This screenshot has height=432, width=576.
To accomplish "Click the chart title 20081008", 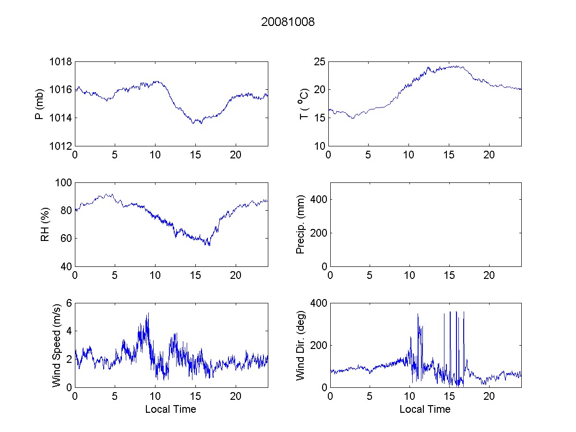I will click(x=288, y=22).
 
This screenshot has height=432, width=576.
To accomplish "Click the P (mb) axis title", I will click(x=40, y=104).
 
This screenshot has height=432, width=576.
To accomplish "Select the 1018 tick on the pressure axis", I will click(x=60, y=62).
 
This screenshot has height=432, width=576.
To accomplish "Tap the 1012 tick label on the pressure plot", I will click(x=60, y=146).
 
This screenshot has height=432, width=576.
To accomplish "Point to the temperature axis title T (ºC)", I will click(x=304, y=104).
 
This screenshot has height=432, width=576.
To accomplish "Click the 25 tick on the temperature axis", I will click(x=320, y=62).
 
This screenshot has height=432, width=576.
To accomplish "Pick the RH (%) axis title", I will click(x=45, y=224).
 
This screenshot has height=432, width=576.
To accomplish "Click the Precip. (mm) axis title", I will click(x=301, y=224).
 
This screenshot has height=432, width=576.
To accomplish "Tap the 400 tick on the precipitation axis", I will click(x=317, y=199).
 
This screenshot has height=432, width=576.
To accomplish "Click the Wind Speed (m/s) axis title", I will click(x=57, y=345).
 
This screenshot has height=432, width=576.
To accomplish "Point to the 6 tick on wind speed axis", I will click(x=69, y=303).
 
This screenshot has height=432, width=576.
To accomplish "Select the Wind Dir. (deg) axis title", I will click(x=301, y=345).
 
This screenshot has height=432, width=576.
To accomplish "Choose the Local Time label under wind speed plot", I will click(x=170, y=409).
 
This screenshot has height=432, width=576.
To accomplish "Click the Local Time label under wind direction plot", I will click(x=425, y=409).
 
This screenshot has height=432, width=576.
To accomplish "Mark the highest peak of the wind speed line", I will click(x=148, y=313).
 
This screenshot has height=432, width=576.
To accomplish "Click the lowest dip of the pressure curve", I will click(x=193, y=124).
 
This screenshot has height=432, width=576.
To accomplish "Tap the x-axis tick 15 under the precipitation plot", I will click(x=449, y=276).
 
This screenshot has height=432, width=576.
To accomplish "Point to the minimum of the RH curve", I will click(x=209, y=246).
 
